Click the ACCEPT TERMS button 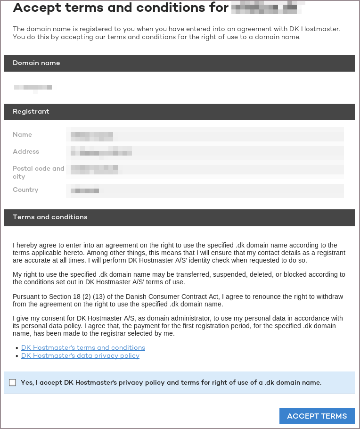pos(317,416)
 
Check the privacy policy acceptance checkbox pos(12,383)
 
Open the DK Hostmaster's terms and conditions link pos(83,347)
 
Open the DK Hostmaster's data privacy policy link pos(80,355)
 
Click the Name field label pos(23,134)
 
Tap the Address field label pos(26,151)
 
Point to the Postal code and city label pos(38,172)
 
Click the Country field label pos(25,190)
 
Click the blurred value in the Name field pos(92,136)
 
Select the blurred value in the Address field pos(101,152)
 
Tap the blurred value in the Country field pos(85,190)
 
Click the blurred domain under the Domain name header pos(33,87)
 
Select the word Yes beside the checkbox pos(27,382)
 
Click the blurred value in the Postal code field pos(94,169)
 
